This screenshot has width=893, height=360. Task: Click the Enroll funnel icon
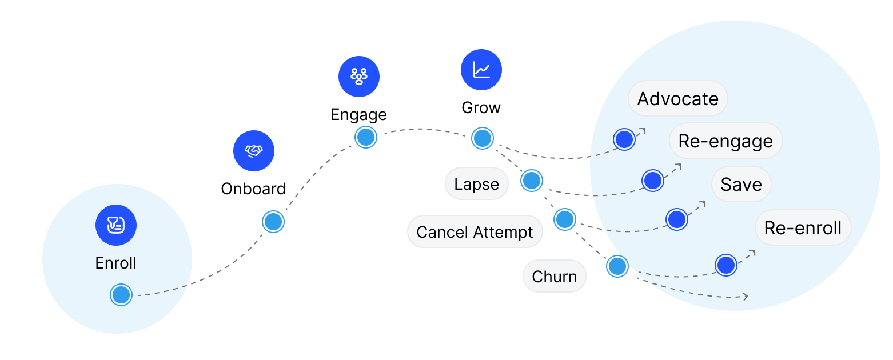[x=116, y=225]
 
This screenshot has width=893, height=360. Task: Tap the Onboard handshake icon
[x=254, y=151]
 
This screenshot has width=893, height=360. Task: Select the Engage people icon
[x=359, y=77]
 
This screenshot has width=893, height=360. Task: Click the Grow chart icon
[x=481, y=70]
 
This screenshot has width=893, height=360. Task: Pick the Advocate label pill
[x=677, y=98]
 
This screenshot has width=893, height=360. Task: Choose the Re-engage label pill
[x=725, y=141]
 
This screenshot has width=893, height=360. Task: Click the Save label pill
[x=741, y=184]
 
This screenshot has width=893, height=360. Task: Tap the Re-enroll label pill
[x=803, y=227]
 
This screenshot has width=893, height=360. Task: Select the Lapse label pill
[x=476, y=184]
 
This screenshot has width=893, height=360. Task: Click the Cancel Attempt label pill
[x=475, y=231]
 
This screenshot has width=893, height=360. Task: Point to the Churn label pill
[x=554, y=276]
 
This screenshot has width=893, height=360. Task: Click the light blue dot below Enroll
[x=121, y=295]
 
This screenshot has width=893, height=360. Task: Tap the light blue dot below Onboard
[x=273, y=222]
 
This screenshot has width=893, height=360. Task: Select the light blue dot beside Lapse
[x=532, y=181]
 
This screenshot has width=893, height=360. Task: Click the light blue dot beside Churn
[x=617, y=266]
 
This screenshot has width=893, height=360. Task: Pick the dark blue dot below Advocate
[x=624, y=139]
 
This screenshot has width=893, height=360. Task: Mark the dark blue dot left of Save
[x=676, y=219]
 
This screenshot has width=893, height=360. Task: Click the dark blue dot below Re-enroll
[x=725, y=265]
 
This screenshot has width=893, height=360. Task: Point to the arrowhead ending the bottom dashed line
[x=746, y=297]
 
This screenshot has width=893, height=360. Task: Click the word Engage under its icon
[x=359, y=115]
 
